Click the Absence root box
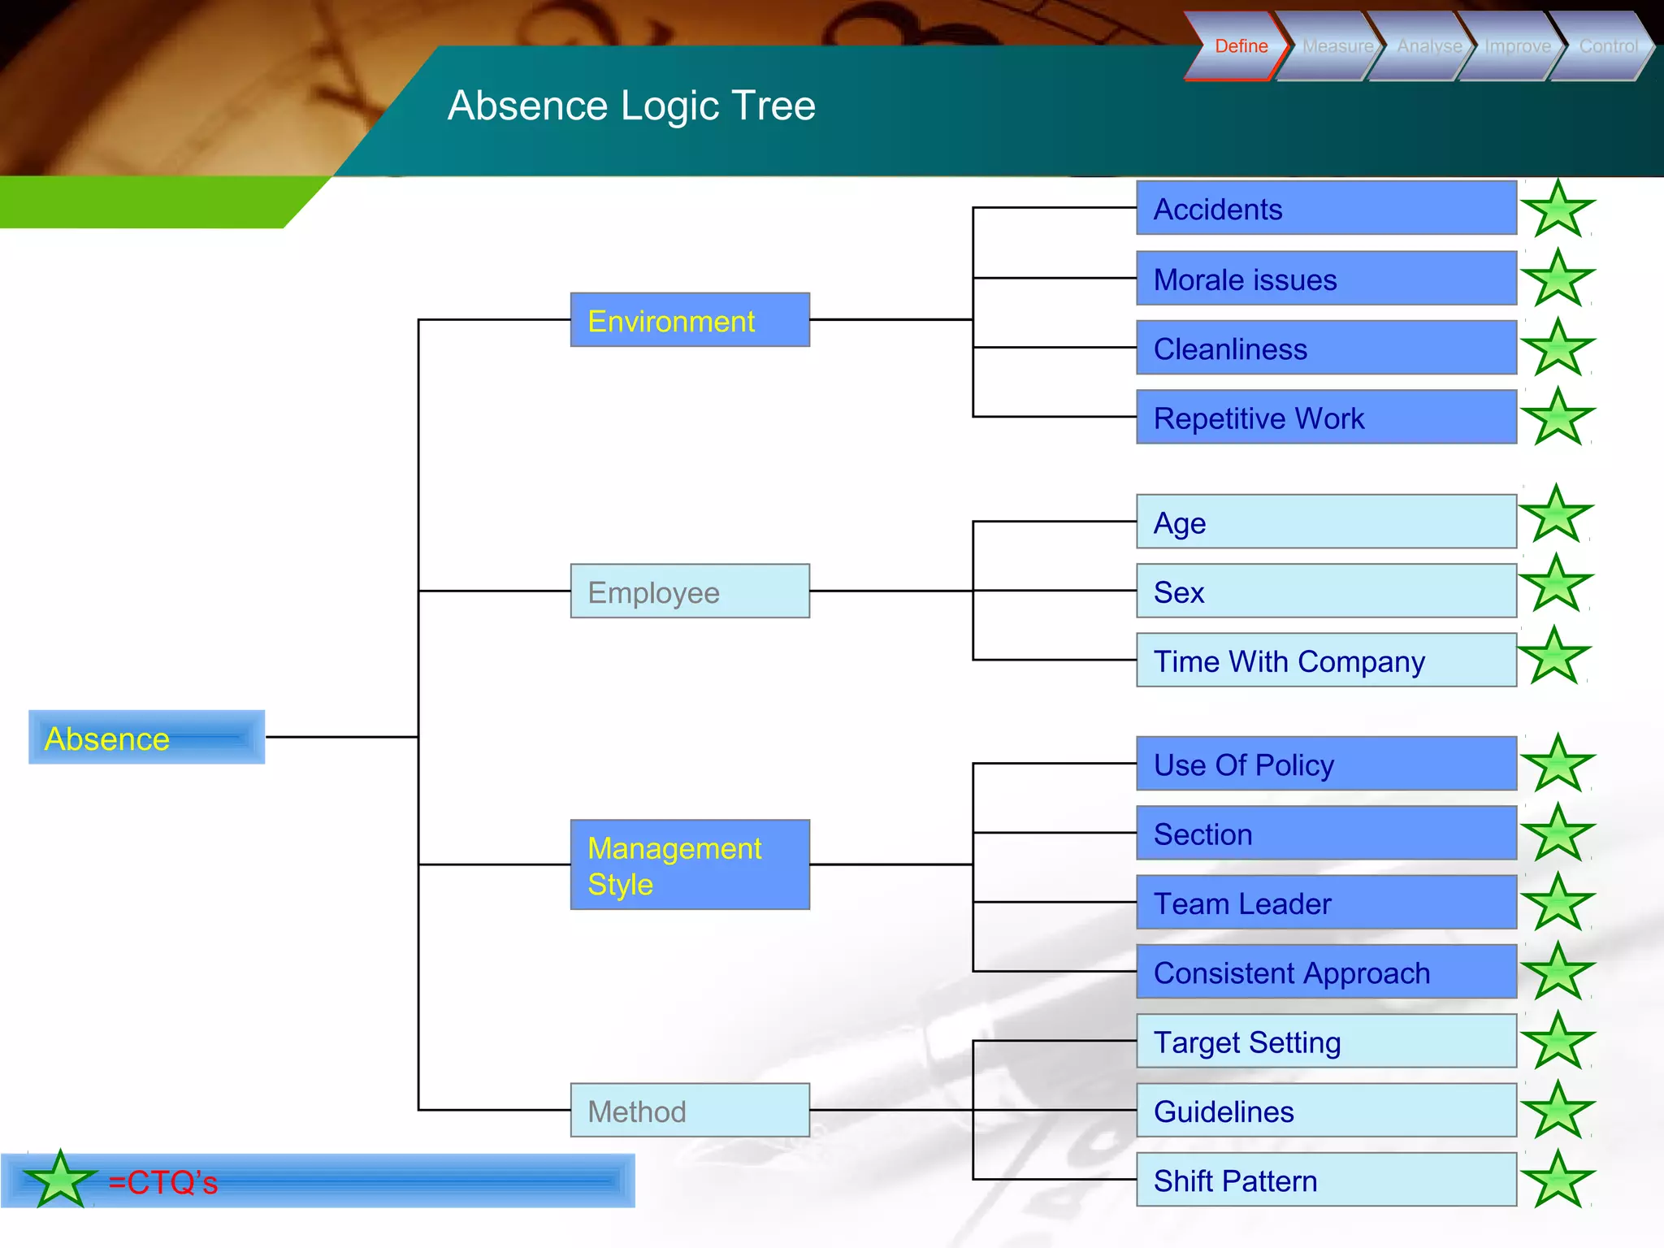146,737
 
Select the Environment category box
690,320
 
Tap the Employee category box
690,591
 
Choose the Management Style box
690,864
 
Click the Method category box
690,1110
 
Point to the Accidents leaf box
1326,208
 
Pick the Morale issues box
1326,279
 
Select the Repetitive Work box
1326,417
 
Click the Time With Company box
1326,661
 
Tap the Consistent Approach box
1326,972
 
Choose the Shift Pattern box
1326,1180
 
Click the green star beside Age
1555,515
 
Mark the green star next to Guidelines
1558,1111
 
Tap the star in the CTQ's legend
60,1181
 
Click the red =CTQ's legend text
163,1182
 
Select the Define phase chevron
1239,46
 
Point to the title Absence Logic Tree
631,106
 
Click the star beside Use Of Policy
1558,765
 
